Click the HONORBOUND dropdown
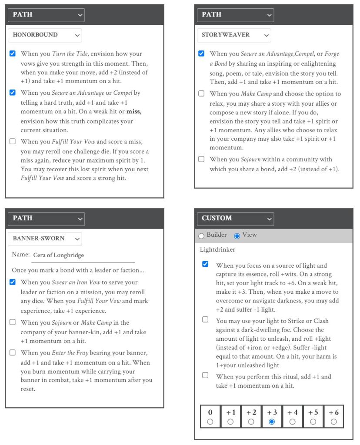pyautogui.click(x=45, y=35)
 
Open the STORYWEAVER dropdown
pyautogui.click(x=233, y=35)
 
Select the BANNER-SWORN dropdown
pyautogui.click(x=45, y=239)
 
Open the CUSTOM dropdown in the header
pyautogui.click(x=235, y=218)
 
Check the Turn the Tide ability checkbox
pyautogui.click(x=13, y=54)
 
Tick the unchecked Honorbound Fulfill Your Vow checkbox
pyautogui.click(x=13, y=142)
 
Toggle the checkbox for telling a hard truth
pyautogui.click(x=13, y=93)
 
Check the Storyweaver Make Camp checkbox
pyautogui.click(x=201, y=94)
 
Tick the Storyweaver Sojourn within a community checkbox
pyautogui.click(x=201, y=159)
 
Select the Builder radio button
pyautogui.click(x=201, y=236)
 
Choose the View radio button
pyautogui.click(x=237, y=236)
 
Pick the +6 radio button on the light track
pyautogui.click(x=333, y=421)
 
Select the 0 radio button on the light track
pyautogui.click(x=210, y=421)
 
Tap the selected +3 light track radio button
pyautogui.click(x=272, y=421)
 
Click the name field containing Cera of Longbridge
pyautogui.click(x=83, y=255)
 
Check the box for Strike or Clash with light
pyautogui.click(x=205, y=320)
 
